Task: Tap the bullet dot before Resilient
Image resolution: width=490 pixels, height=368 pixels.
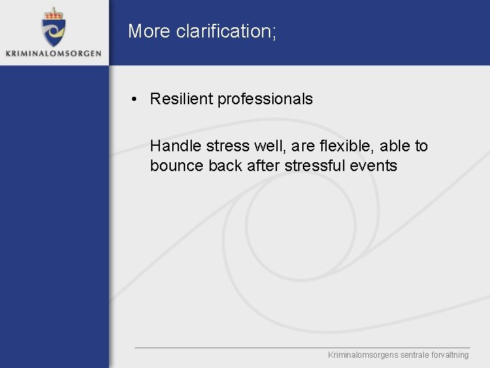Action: coord(137,99)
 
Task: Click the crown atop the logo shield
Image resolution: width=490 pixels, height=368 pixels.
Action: coord(53,13)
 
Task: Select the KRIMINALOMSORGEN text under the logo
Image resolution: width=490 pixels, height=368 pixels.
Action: coord(53,53)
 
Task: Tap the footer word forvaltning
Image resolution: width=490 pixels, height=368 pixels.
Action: coord(450,355)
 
